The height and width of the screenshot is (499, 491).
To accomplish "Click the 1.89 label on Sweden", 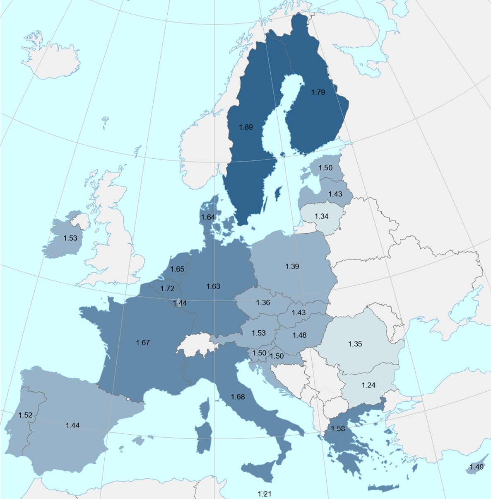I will click(246, 127).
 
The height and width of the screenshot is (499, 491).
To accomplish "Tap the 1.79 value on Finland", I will click(318, 92).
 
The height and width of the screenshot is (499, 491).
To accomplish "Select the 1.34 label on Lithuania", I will click(321, 216).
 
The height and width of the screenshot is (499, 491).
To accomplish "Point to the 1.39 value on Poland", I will click(292, 266).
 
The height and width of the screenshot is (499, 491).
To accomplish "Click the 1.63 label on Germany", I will click(213, 286).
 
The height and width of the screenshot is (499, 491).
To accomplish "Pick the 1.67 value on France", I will click(143, 343).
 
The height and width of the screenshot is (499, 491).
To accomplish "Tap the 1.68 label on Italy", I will click(238, 397).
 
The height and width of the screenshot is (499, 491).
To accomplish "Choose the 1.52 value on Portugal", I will click(25, 415).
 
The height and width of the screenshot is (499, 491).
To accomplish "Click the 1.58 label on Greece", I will click(338, 429).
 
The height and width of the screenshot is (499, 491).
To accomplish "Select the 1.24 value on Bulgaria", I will click(368, 385).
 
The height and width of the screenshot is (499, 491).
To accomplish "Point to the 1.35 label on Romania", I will click(355, 344).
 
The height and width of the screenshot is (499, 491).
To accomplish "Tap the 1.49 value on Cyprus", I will click(477, 467).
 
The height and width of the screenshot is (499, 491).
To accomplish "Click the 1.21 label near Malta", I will click(265, 494).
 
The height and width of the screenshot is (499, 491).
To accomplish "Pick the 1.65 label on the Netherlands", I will click(177, 269).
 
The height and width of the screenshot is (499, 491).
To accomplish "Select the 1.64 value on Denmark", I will click(208, 217).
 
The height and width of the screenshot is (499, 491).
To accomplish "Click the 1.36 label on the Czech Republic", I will click(263, 303).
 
